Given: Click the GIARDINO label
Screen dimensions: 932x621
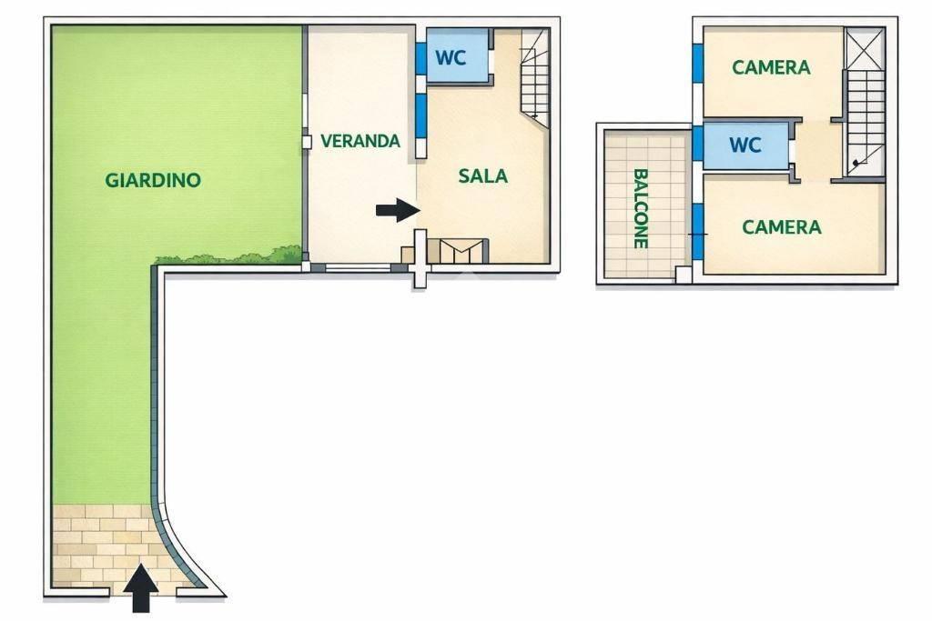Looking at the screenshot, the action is pos(153,180).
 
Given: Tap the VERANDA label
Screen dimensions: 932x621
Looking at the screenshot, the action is pos(360,141).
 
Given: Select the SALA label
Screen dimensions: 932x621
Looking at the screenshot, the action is pos(482,175).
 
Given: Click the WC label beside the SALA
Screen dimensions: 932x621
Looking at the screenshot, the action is pos(451,57).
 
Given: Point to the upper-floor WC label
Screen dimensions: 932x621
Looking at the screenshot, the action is pos(745,145).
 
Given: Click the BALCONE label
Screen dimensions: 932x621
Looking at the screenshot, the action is pos(640,208).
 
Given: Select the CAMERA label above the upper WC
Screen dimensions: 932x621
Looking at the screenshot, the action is pos(771,67).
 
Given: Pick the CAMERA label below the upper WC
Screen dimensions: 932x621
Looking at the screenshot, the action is pos(782,226).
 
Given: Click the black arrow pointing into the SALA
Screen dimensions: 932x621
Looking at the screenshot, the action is pos(399,209).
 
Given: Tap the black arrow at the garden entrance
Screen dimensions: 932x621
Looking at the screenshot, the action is pos(141,587).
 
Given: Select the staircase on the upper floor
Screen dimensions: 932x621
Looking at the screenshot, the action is pos(865,123).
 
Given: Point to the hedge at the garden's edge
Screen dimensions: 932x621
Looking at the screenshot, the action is pos(228,255).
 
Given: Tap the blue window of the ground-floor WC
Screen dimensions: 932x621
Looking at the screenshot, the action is pos(420,58).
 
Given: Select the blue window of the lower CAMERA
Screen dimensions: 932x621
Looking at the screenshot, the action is pos(698,232).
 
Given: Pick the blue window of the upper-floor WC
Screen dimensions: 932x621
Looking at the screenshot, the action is pos(698,144).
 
